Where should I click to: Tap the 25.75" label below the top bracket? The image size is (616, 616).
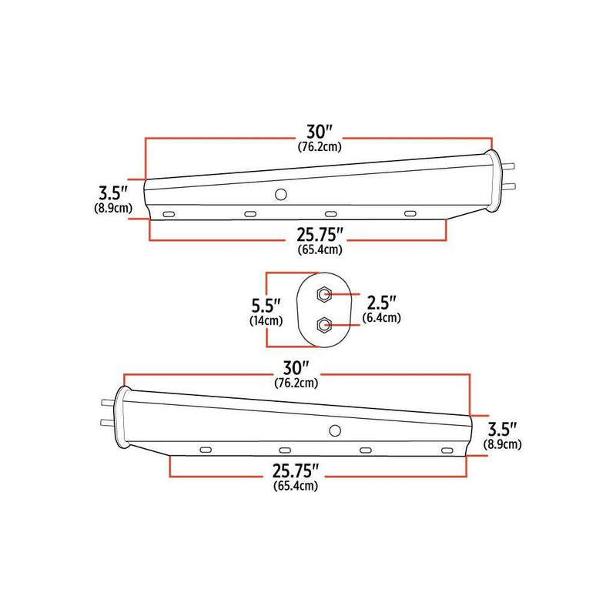coord(319,235)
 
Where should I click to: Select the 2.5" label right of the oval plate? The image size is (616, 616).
coord(380,303)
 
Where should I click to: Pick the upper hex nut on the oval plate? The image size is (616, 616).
coord(324,293)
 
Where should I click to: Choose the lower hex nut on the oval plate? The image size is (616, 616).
coord(324,326)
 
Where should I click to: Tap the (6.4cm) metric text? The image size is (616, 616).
coord(380,317)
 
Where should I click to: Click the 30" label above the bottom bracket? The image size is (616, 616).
coord(296,368)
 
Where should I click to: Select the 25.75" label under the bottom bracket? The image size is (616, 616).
coord(296,470)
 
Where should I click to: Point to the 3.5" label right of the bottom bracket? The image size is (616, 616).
coord(502,430)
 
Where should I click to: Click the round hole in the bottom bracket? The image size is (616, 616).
coord(334,431)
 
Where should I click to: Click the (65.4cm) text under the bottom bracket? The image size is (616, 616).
coord(296,485)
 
